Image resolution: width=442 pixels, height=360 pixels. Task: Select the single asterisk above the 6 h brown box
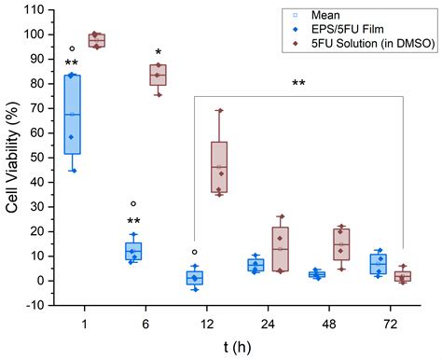coord(159,52)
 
